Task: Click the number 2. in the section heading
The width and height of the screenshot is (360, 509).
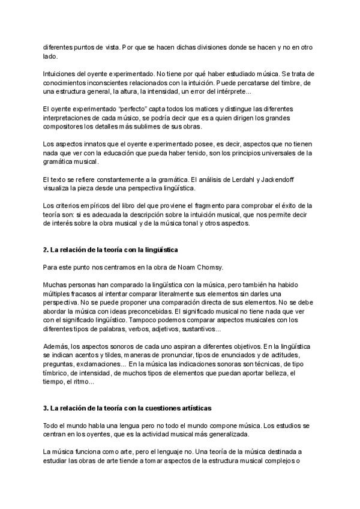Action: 46,248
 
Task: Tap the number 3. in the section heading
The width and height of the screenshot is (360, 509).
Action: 46,408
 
